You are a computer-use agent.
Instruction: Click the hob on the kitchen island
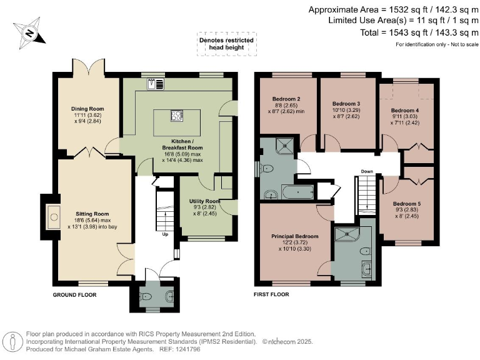click(x=177, y=115)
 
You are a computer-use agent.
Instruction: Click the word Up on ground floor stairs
click(x=165, y=235)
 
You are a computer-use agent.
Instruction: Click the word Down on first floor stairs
click(x=367, y=171)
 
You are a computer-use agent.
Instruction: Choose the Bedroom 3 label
click(x=346, y=103)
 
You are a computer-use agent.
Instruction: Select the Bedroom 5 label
click(x=406, y=204)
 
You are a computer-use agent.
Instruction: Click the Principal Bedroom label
click(x=294, y=236)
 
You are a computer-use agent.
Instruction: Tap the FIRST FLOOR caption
click(x=272, y=293)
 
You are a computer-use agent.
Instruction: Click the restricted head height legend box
click(x=226, y=42)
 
